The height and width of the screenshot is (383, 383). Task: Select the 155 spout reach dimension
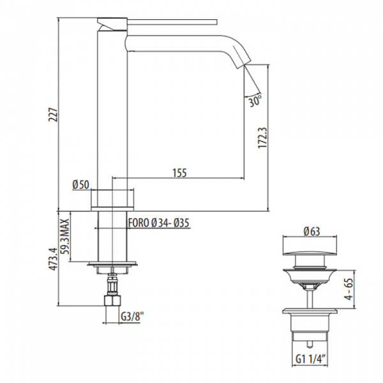[x=179, y=172]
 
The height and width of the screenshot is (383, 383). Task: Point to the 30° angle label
[x=255, y=100]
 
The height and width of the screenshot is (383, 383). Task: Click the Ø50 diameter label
[x=80, y=184]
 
